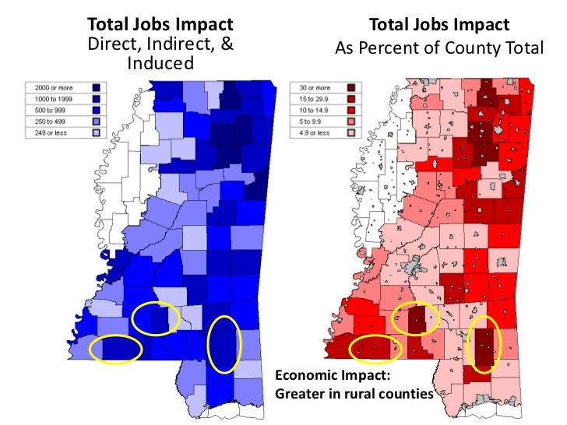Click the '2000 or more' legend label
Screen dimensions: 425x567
coord(48,89)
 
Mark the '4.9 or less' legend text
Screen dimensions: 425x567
coord(313,132)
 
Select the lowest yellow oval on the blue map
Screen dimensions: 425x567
coord(115,349)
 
